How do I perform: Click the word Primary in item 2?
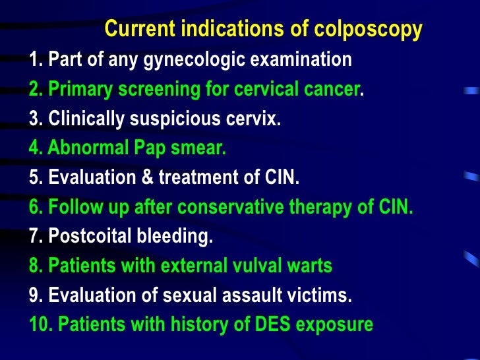point(78,90)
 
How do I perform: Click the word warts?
point(311,266)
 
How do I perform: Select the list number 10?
point(40,325)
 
